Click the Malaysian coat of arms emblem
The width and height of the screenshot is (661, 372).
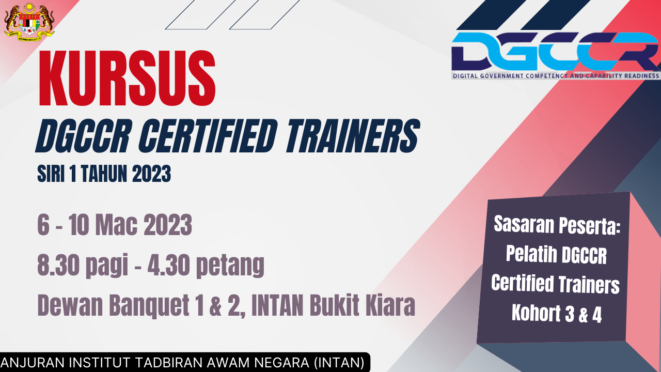tap(29, 22)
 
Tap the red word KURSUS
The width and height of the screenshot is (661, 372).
tap(127, 78)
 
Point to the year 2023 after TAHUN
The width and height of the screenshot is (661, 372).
tap(152, 174)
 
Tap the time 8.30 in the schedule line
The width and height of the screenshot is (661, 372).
tap(58, 265)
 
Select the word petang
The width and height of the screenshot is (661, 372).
tap(230, 266)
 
